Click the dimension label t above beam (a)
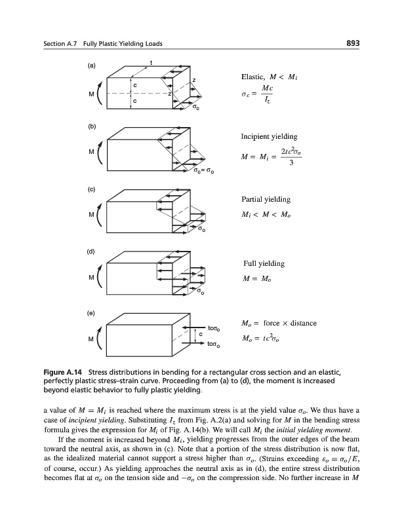coord(151,63)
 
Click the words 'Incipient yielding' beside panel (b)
coord(269,136)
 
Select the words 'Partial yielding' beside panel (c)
coord(266,198)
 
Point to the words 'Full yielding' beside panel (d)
coord(263,263)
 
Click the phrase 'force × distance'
coord(290,323)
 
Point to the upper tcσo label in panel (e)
coord(216,326)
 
